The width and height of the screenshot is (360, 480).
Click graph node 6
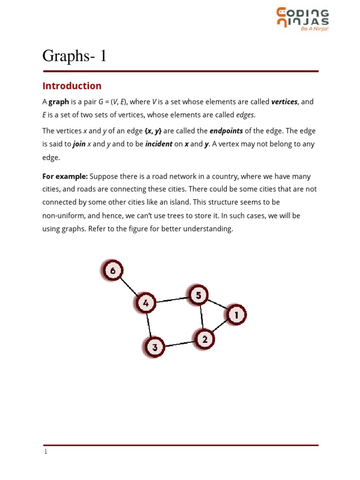pos(112,270)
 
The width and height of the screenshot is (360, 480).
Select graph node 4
pos(146,303)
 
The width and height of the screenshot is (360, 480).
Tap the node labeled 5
pos(198,295)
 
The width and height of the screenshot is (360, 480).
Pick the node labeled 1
pos(236,315)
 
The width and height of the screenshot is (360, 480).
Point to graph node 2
pos(204,338)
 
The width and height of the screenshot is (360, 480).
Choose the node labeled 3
pos(154,347)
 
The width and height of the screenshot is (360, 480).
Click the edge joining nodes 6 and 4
pos(129,286)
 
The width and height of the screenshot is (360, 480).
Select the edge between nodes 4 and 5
pos(172,299)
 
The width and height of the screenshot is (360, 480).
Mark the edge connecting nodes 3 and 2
pos(180,343)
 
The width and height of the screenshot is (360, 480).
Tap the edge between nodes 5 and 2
pos(202,317)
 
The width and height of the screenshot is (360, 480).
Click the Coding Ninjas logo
pos(302,19)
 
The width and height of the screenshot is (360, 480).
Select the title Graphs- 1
pos(75,56)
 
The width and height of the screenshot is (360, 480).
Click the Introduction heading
pos(72,86)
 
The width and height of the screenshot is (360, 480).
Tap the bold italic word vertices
pos(284,102)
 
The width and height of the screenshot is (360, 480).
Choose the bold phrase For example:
pos(65,176)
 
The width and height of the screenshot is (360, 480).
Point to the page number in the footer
pos(45,452)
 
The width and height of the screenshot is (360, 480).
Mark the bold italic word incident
pos(159,144)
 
